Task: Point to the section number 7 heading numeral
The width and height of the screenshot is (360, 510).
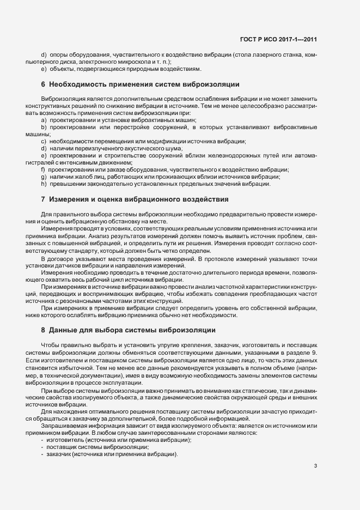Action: click(x=43, y=199)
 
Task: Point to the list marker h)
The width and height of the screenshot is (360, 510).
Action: click(x=44, y=184)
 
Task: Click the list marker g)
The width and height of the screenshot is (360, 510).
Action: click(x=44, y=177)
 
